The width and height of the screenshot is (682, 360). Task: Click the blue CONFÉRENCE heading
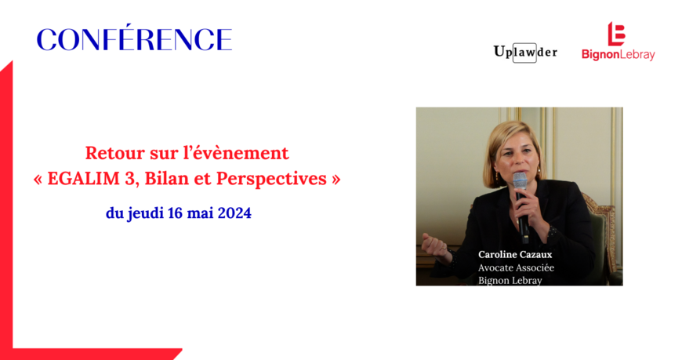pos(134,38)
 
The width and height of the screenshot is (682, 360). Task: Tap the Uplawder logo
pos(525,53)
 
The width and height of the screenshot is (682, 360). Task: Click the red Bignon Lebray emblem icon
pos(616,34)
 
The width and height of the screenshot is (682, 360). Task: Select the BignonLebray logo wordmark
pos(618,55)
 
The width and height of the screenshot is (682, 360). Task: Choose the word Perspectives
pos(271,179)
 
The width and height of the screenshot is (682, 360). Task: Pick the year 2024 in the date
pos(234,213)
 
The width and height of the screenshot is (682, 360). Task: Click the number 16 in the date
pos(176,213)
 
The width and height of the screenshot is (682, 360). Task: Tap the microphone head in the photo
pos(520,180)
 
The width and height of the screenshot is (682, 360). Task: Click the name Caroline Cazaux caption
pos(515,254)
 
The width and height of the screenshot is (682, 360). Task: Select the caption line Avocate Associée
pos(517,267)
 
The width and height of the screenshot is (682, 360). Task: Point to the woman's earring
pos(496,177)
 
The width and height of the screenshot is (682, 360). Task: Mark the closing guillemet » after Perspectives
pos(336,179)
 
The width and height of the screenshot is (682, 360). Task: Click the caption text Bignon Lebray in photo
pos(510,280)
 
